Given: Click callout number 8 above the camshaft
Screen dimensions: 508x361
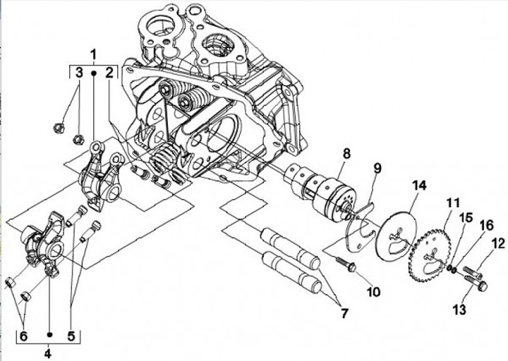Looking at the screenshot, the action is pos(346,153).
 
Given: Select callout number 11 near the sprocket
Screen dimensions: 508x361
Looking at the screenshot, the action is pos(453,203).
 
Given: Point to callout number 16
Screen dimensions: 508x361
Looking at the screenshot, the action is pos(488,225).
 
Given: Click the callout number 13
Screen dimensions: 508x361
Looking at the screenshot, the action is pos(460,309).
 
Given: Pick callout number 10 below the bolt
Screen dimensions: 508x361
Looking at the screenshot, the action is pos(373,292).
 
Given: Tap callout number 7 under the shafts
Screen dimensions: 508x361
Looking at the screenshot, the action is pos(344,313).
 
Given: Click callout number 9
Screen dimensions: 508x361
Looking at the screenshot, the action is pos(377,168).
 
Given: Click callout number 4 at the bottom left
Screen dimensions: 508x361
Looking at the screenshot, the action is pos(48,353).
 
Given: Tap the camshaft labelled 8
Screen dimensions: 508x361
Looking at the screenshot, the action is pos(318,191).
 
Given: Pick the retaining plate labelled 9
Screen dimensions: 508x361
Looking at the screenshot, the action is pos(360,227).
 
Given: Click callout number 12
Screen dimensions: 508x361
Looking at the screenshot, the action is pos(499,244).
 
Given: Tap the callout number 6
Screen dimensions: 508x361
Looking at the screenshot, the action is pos(24,336).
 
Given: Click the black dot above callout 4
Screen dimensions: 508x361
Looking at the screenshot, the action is pos(49,334).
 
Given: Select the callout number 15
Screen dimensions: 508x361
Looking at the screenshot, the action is pos(467,218).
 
